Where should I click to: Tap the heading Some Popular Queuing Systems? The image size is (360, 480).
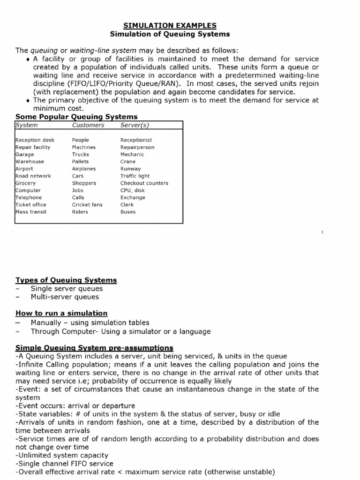[x=77, y=117]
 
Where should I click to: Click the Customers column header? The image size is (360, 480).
[x=88, y=125]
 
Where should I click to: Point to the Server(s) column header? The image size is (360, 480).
[x=135, y=125]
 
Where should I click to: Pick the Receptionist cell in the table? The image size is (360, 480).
[x=136, y=140]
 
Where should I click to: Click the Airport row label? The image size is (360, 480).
[x=24, y=169]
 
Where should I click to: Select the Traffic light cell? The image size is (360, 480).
[x=135, y=176]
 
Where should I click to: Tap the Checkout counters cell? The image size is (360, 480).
[x=144, y=183]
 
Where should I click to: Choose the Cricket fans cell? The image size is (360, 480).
[x=87, y=205]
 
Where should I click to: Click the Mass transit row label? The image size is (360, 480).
[x=31, y=212]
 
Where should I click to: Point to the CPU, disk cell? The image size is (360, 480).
[x=133, y=190]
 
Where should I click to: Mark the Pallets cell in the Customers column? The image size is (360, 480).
[x=80, y=162]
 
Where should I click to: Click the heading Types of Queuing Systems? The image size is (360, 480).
[x=66, y=280]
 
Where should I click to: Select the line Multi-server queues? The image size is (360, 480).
[x=65, y=297]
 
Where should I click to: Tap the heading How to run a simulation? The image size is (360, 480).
[x=61, y=313]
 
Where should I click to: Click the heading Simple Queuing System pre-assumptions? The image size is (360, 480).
[x=94, y=348]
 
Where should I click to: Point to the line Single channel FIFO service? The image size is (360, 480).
[x=65, y=464]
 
